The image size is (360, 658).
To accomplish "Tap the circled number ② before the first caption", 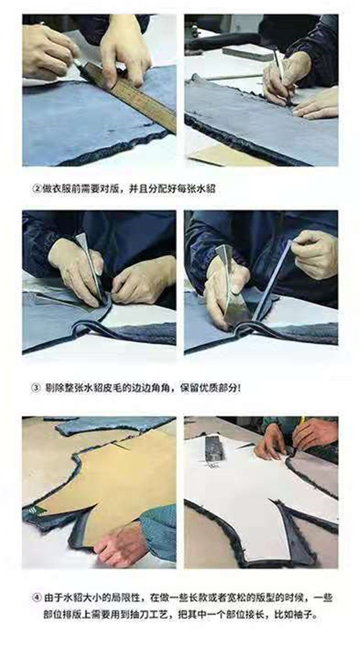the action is [37, 189].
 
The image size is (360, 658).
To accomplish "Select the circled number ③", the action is [37, 388].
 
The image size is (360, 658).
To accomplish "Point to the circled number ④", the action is [37, 598].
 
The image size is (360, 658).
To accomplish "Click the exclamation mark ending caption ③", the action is [239, 388].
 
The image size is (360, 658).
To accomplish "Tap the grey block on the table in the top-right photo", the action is [248, 52].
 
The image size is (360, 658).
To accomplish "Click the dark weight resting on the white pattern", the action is [214, 447].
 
